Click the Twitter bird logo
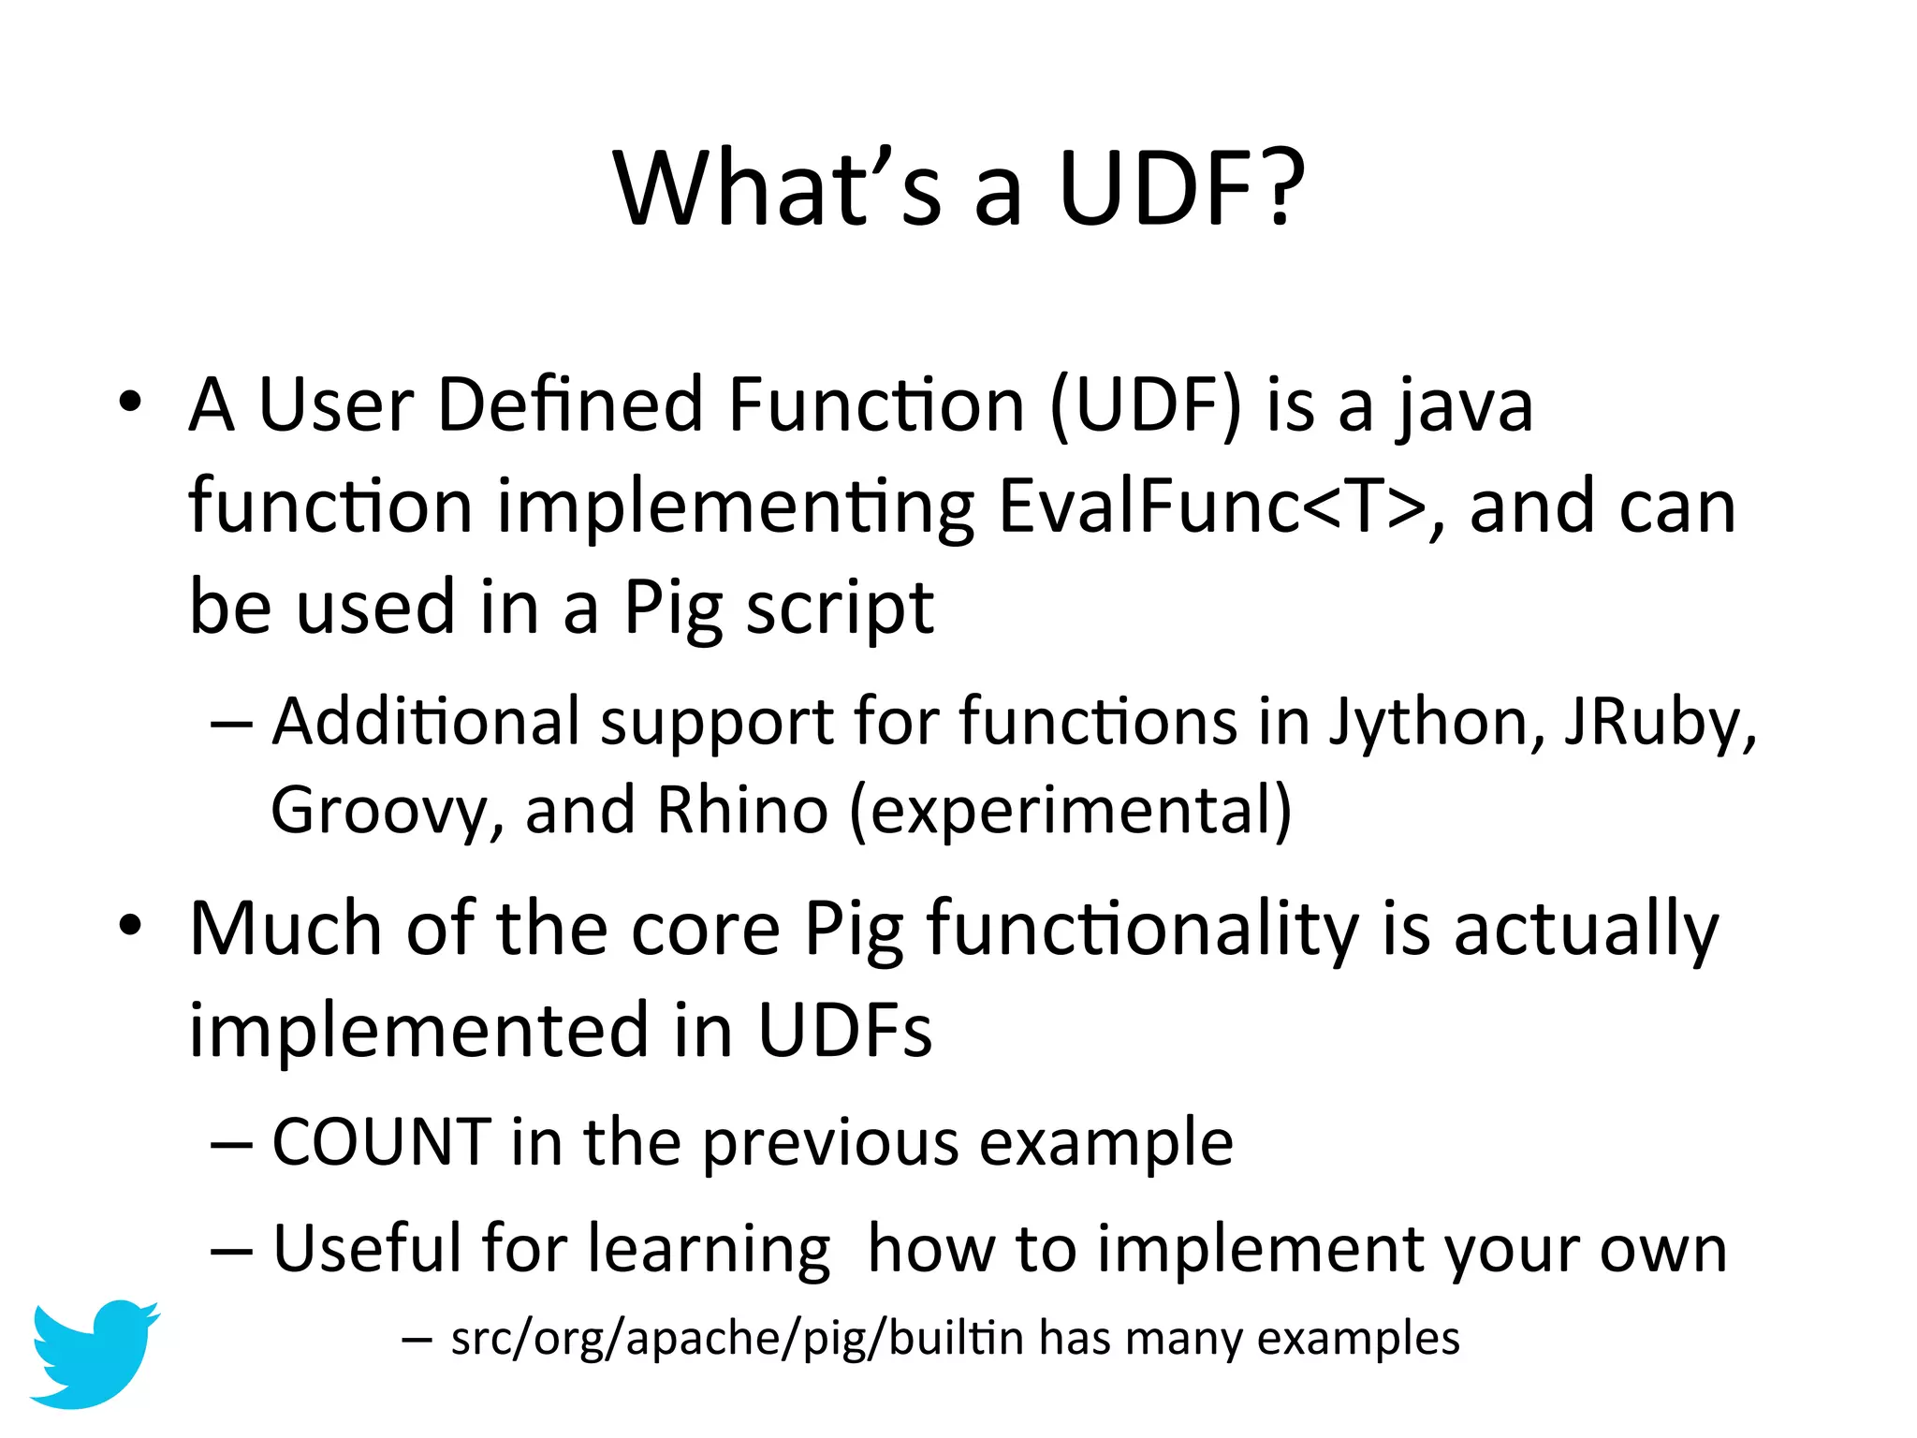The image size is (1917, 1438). (x=94, y=1353)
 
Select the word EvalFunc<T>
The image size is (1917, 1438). (x=1212, y=506)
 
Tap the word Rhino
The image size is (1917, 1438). (x=742, y=809)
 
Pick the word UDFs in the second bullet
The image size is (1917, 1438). (x=844, y=1030)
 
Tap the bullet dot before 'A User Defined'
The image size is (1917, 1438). (x=130, y=403)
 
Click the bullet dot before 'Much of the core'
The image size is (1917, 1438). (x=130, y=926)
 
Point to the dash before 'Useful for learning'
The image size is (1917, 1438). (x=231, y=1250)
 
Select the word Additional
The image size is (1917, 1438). (x=426, y=722)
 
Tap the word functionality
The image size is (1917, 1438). (x=1142, y=930)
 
